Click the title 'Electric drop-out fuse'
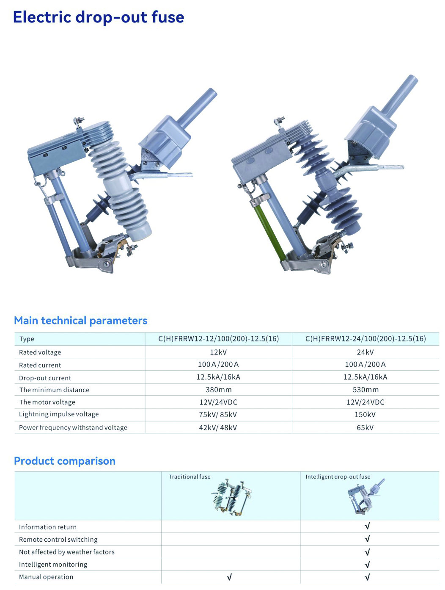point(99,17)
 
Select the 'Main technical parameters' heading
point(80,321)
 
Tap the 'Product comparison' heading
point(65,461)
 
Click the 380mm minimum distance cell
point(218,390)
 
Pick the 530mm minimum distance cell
point(365,390)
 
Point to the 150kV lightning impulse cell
point(365,415)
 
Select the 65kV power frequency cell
point(365,427)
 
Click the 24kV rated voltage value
point(365,352)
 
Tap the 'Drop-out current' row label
point(45,378)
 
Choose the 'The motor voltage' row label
point(47,402)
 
